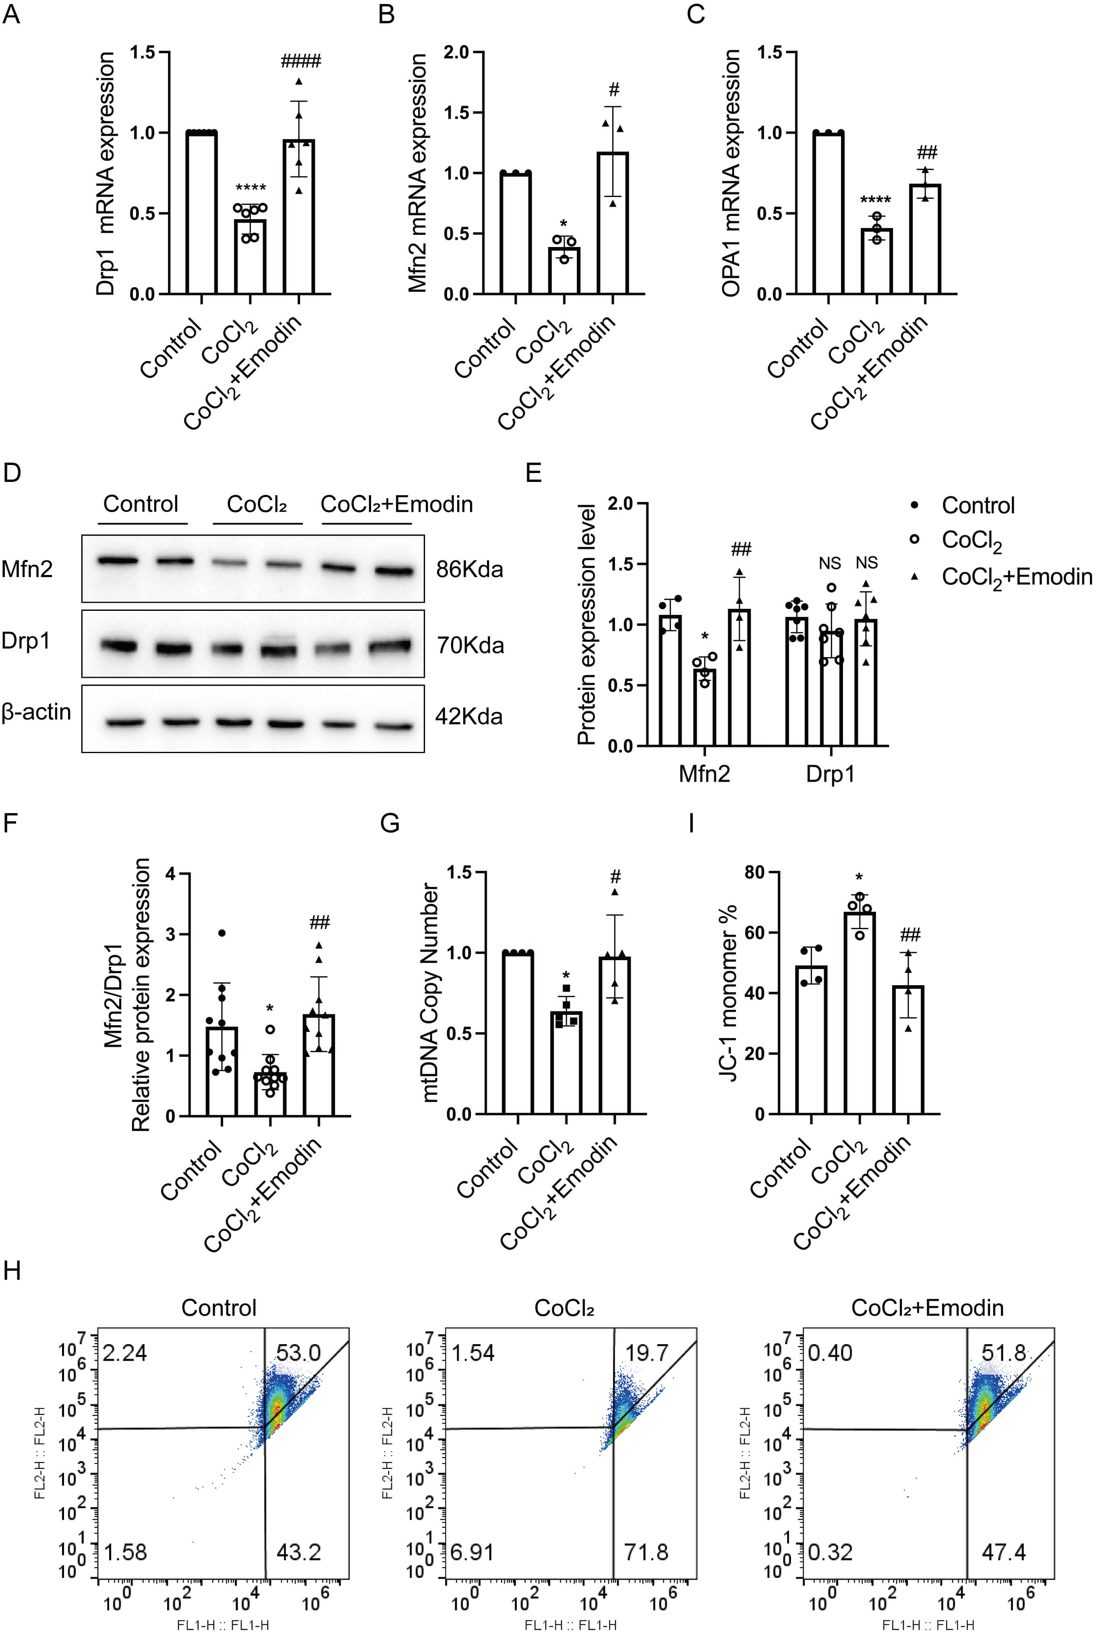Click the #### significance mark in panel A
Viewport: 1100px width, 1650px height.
(x=300, y=62)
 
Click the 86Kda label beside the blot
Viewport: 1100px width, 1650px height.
(x=469, y=569)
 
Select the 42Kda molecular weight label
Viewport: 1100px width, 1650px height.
(x=468, y=716)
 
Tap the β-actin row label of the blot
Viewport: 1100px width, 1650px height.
(x=37, y=712)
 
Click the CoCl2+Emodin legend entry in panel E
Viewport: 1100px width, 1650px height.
(x=1016, y=577)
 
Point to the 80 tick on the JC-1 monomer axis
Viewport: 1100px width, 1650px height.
(x=754, y=872)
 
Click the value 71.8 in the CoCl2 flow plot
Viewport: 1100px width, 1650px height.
(x=646, y=1552)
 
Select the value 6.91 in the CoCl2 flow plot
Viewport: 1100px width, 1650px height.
(x=472, y=1552)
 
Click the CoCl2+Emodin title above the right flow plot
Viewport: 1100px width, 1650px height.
(x=928, y=1308)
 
